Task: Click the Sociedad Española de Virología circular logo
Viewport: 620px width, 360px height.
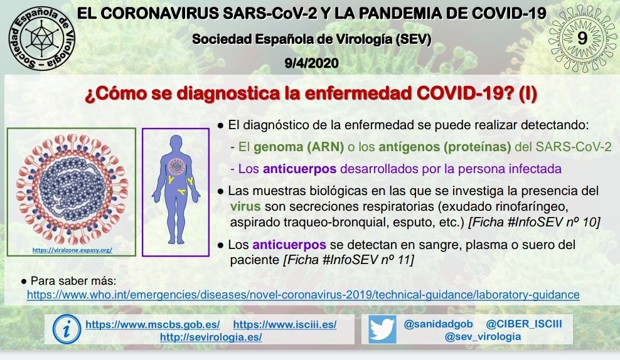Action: point(42,38)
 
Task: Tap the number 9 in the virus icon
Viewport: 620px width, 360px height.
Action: point(582,38)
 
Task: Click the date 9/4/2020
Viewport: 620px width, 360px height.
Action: point(312,63)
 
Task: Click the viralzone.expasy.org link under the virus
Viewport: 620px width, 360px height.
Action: point(72,250)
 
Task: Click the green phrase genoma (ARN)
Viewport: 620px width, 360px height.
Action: point(299,147)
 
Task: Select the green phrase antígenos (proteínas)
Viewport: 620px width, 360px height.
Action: point(445,147)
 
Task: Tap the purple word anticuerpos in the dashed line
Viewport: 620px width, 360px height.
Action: point(299,169)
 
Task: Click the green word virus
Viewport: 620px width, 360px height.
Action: point(245,206)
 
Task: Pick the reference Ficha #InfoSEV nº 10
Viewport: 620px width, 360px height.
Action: point(534,222)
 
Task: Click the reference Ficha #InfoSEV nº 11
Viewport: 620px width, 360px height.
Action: point(349,260)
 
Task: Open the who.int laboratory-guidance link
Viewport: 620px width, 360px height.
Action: point(303,295)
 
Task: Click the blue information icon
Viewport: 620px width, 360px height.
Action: point(67,329)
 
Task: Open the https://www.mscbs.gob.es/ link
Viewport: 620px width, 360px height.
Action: point(152,325)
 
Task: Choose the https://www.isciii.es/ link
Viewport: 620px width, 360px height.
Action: point(285,325)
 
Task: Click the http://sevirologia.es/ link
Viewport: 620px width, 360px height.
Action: point(211,337)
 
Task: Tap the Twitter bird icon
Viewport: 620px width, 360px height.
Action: point(382,329)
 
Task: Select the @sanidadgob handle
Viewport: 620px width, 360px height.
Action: point(438,324)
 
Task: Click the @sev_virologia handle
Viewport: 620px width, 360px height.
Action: point(483,337)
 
